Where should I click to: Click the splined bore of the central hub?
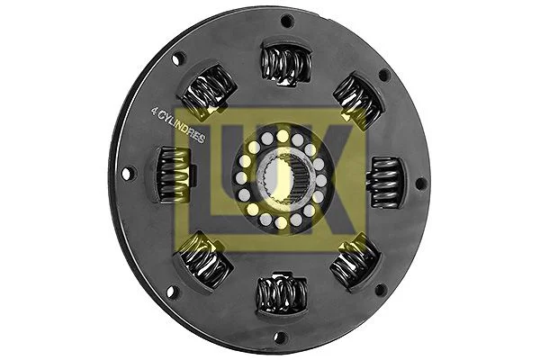(281, 179)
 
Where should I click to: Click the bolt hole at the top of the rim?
(287, 21)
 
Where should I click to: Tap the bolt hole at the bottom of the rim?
(282, 337)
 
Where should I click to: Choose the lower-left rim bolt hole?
(173, 285)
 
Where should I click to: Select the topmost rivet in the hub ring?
(283, 136)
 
